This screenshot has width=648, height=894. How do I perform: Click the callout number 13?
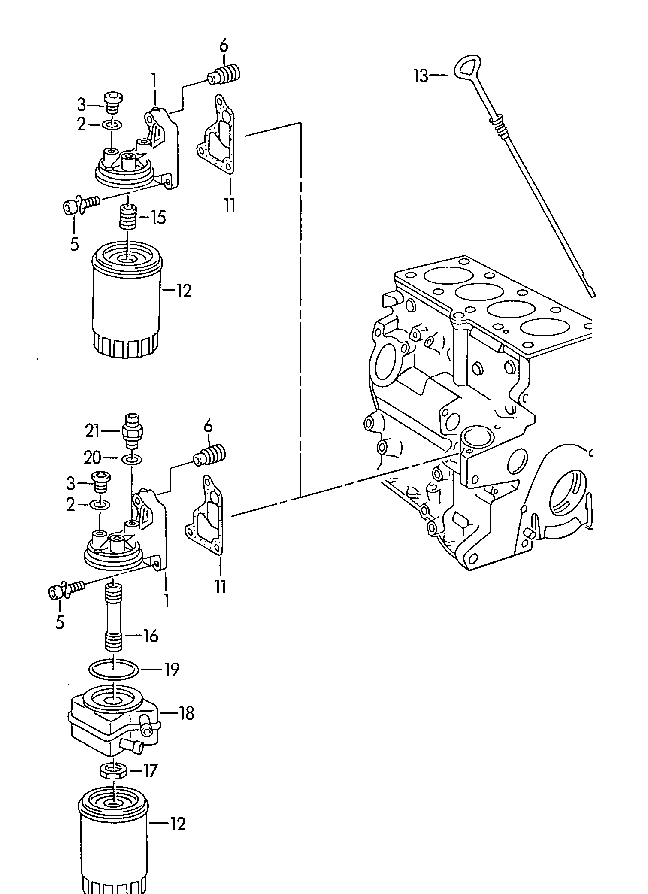pos(421,76)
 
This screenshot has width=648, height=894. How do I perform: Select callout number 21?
pos(92,430)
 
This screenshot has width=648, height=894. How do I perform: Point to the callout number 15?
pos(158,217)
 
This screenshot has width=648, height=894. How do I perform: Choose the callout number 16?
pos(150,636)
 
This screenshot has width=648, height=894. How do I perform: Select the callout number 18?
pos(186,713)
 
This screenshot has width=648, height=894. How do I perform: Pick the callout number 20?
pos(92,458)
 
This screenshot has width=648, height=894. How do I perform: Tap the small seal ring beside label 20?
pos(130,460)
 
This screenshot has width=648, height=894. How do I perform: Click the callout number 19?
pos(171,669)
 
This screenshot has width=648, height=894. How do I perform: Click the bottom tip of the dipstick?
pos(593,295)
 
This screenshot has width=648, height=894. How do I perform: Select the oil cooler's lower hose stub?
pos(131,746)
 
